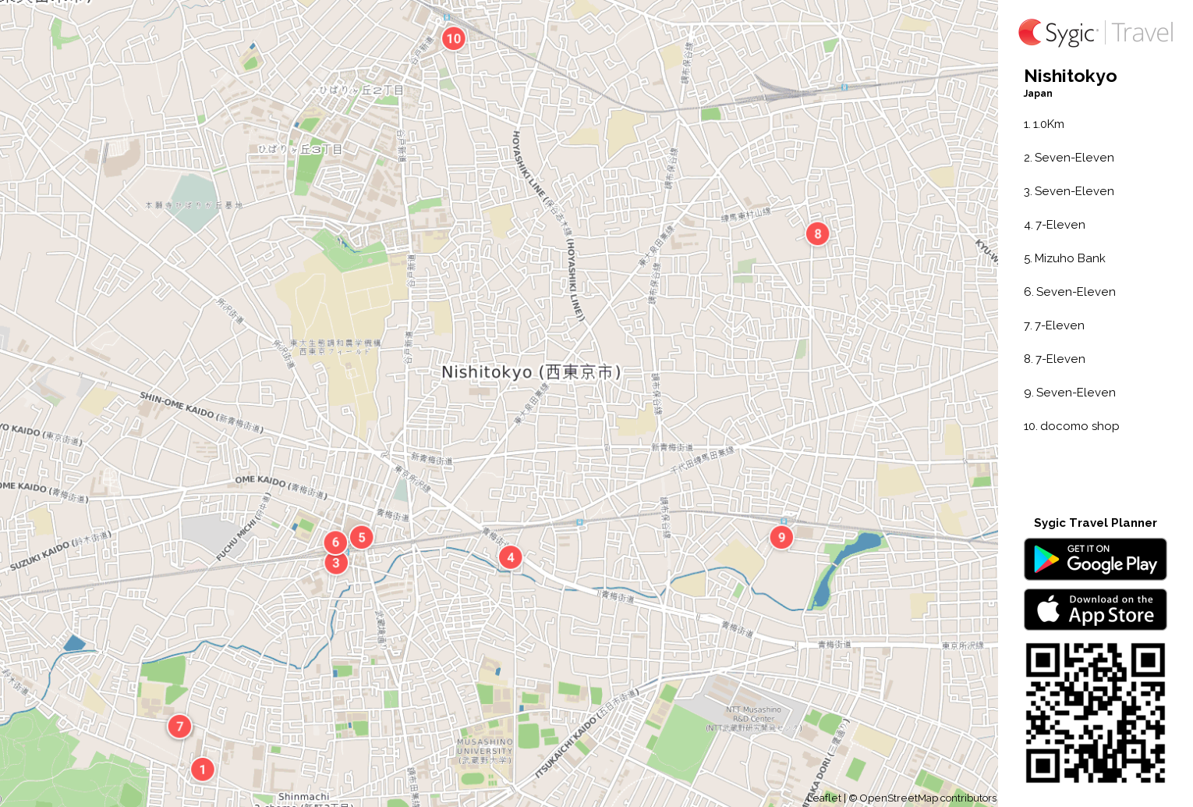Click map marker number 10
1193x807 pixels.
tap(453, 38)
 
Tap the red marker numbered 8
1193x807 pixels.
tap(817, 233)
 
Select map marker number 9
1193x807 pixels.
tap(781, 537)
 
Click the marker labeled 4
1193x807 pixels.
tap(510, 557)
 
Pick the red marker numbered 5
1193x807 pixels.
tap(361, 538)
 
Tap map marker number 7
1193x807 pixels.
tap(179, 727)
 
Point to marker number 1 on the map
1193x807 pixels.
tap(202, 770)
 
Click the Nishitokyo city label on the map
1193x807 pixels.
tap(531, 372)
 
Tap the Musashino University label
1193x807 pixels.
tap(485, 751)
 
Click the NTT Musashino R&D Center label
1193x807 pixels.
tap(753, 719)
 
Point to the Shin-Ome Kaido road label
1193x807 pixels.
tap(201, 412)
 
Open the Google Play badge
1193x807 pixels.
tap(1095, 560)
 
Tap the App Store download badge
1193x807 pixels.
tap(1095, 610)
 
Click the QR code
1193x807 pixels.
tap(1095, 713)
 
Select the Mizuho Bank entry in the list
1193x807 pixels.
tap(1069, 258)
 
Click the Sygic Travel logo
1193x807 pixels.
tap(1095, 33)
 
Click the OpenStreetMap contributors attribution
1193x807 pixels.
tap(927, 798)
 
